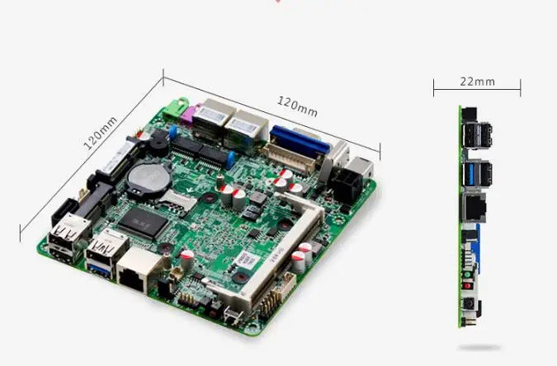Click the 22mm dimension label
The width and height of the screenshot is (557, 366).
tap(477, 81)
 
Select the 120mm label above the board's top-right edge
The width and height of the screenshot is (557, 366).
tap(297, 105)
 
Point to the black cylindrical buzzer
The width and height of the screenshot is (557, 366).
tap(154, 141)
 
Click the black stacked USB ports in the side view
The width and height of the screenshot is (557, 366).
tap(478, 136)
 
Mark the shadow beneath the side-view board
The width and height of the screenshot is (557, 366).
tap(479, 346)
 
